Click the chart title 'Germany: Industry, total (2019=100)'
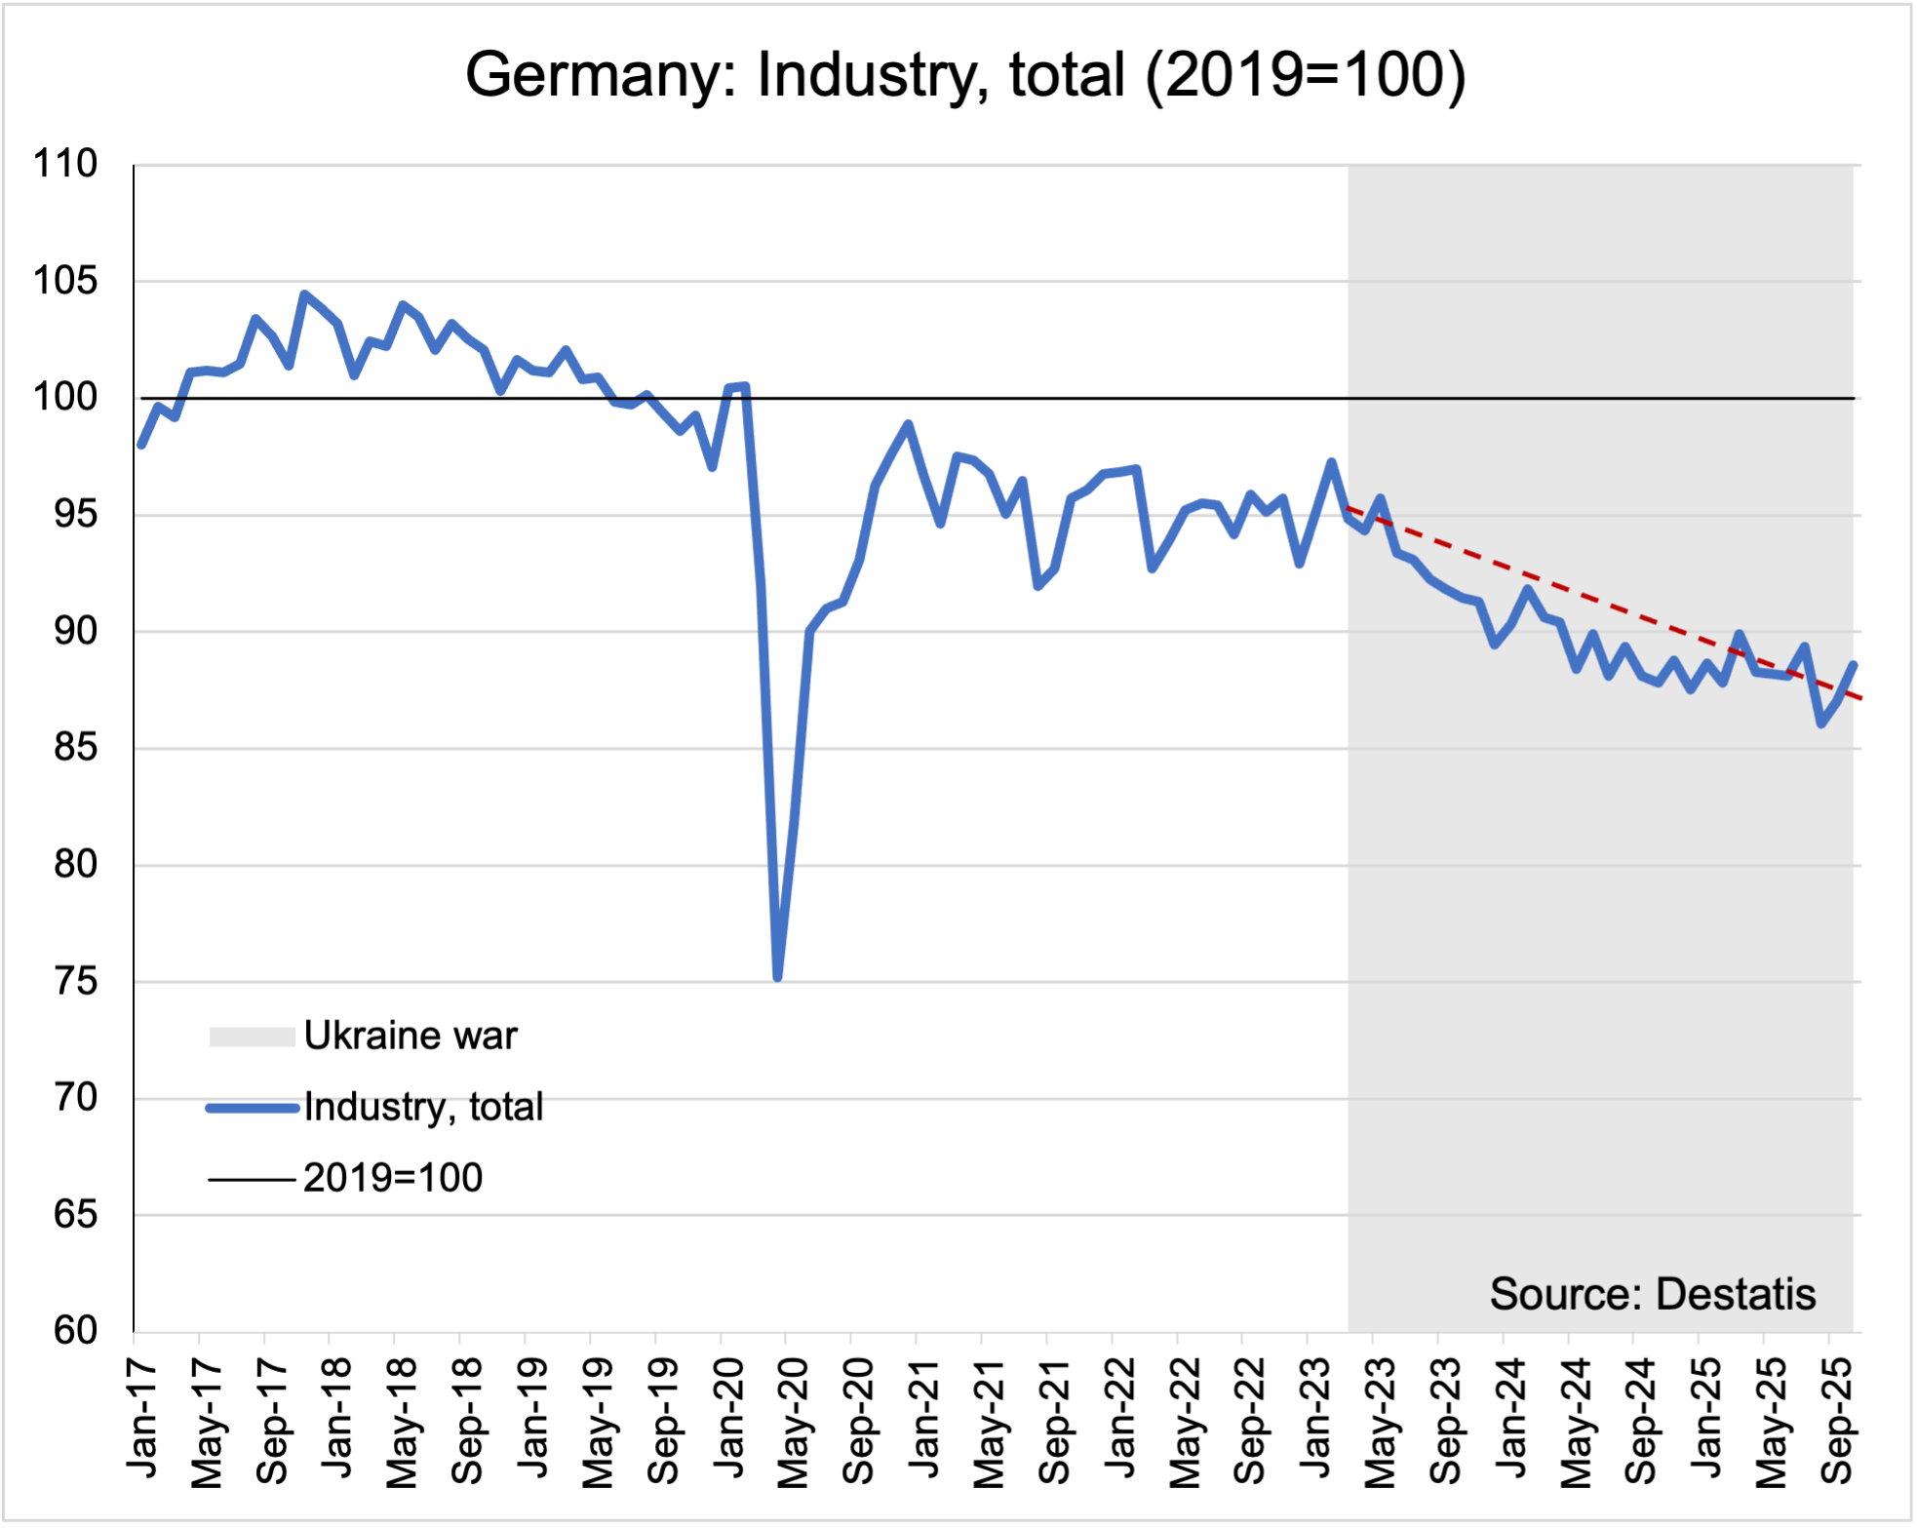tap(965, 74)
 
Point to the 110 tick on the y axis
tap(66, 164)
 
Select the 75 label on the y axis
tap(76, 981)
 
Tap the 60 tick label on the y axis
tap(76, 1331)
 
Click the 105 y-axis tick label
tap(66, 281)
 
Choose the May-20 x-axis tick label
tap(794, 1423)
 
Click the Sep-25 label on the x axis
tap(1838, 1420)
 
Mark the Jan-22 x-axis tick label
tap(1120, 1417)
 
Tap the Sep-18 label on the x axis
tap(468, 1420)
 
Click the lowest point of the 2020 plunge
tap(777, 977)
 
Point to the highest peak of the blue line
tap(304, 294)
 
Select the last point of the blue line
tap(1853, 665)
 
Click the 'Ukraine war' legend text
tap(411, 1036)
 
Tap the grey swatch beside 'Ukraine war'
tap(252, 1037)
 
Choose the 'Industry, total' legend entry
tap(423, 1107)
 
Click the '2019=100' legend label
tap(393, 1178)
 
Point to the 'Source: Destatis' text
tap(1653, 1294)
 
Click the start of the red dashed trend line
tap(1349, 507)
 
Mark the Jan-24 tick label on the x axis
tap(1512, 1417)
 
